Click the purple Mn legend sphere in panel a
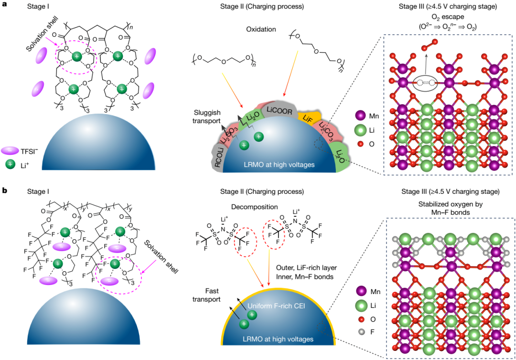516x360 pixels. [362, 116]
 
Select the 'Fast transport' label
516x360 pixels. [210, 295]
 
